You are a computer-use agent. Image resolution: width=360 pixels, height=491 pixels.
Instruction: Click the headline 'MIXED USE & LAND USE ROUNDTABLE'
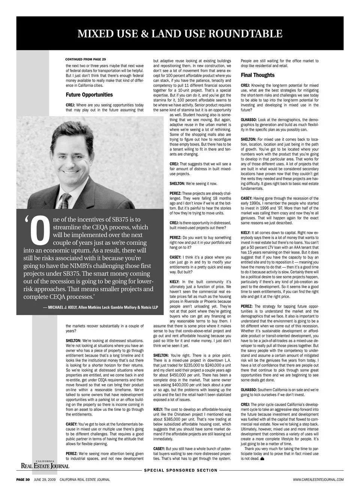click(180, 34)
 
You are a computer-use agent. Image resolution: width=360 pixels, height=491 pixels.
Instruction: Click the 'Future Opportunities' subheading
click(89, 95)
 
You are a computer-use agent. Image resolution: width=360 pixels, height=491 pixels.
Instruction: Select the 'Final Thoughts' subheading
click(258, 75)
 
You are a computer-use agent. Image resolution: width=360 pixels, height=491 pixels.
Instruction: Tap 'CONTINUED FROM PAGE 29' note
click(85, 59)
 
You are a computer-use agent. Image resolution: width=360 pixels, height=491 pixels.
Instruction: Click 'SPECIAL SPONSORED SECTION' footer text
click(181, 470)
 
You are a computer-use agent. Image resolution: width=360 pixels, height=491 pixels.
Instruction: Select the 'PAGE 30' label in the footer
click(23, 479)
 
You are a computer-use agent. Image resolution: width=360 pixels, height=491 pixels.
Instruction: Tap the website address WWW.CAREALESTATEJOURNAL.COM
click(318, 479)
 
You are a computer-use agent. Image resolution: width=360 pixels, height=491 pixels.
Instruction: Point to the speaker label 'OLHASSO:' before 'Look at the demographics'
click(248, 120)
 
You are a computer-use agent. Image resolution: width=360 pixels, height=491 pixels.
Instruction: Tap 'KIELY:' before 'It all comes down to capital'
click(246, 233)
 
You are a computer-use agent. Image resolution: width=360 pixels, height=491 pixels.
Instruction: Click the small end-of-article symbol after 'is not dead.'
click(262, 459)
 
